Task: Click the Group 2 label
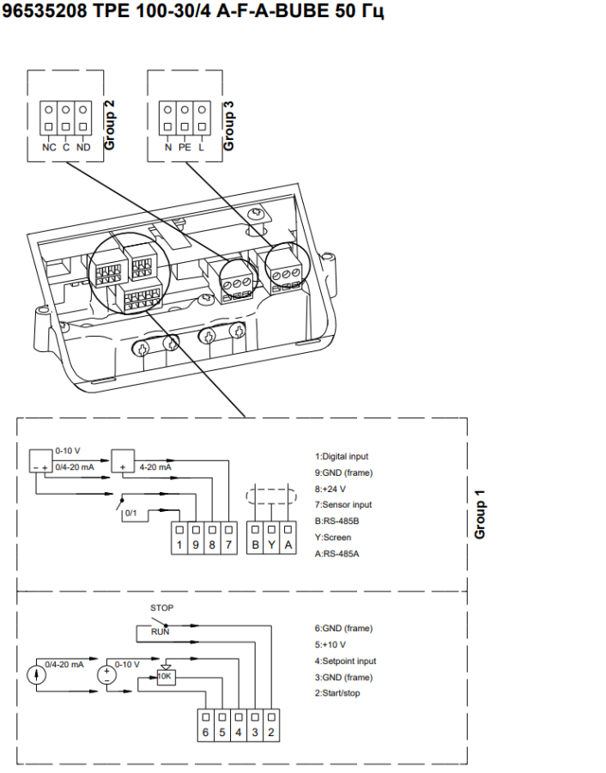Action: (109, 125)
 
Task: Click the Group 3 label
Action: (228, 125)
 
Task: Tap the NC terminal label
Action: (49, 147)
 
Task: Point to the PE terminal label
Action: (185, 147)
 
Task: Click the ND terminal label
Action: (82, 147)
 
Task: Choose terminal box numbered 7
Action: (228, 545)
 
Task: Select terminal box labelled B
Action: (255, 545)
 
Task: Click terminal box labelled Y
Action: (271, 545)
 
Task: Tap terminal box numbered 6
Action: (205, 732)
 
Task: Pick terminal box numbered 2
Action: (270, 732)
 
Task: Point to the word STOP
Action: (161, 608)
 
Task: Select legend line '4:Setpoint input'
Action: (345, 661)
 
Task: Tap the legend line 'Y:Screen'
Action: (332, 538)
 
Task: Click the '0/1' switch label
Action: (131, 514)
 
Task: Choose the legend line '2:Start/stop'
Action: (337, 693)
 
